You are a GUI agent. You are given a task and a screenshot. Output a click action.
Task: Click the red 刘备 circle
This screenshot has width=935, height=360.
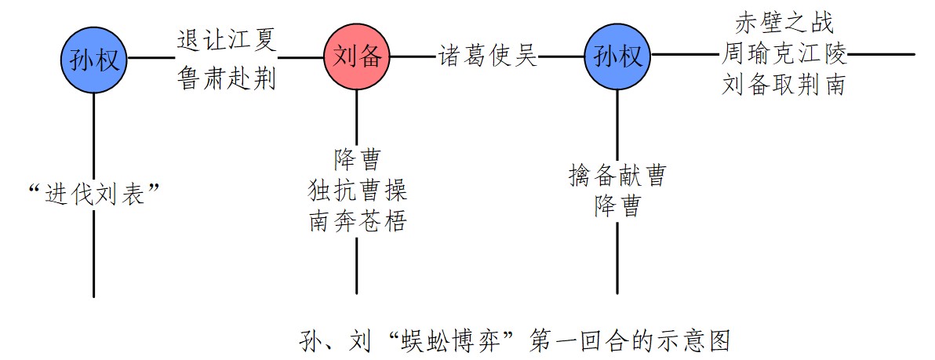pos(357,56)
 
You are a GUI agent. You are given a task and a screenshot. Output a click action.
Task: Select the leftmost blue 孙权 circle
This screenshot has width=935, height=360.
pos(94,58)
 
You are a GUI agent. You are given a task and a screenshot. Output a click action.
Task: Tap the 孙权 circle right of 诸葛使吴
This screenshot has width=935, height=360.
pos(618,56)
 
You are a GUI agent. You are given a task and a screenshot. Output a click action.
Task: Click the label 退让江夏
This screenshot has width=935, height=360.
pos(227,38)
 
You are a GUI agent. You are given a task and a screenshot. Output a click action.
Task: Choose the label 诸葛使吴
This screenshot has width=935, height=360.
pos(488,56)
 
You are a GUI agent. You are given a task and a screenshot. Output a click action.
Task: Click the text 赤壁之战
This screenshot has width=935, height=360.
pos(784,21)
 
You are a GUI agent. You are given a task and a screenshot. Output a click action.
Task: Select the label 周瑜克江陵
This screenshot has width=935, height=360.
pos(784,55)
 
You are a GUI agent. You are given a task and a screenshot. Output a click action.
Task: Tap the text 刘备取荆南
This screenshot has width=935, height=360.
pos(784,85)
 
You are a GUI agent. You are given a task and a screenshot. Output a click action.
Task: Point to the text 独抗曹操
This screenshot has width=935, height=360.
pos(357,191)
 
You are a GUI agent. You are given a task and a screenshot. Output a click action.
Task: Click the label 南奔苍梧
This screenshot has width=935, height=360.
pos(357,221)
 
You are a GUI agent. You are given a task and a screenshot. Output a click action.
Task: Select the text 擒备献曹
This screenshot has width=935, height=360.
pos(617,176)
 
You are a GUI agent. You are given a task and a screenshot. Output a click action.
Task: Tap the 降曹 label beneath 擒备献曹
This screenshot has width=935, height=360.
pos(617,205)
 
